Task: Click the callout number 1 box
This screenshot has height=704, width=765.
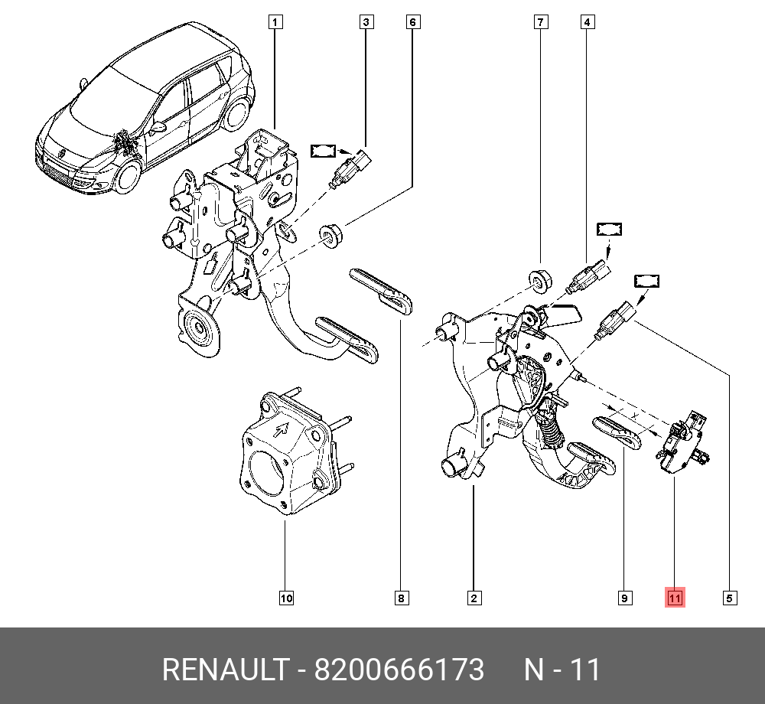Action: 275,22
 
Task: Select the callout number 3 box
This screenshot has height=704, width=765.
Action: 366,22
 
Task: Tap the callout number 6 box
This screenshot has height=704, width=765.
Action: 412,22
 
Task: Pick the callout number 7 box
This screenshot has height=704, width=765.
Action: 541,22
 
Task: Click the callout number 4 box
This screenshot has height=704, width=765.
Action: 587,22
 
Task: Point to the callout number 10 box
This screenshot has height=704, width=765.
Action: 285,598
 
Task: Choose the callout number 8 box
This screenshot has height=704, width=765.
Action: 401,598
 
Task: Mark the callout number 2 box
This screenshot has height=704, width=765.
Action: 474,598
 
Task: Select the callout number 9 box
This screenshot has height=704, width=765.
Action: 625,598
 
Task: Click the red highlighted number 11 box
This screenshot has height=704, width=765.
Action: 674,598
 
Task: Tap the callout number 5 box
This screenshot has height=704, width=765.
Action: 730,598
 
